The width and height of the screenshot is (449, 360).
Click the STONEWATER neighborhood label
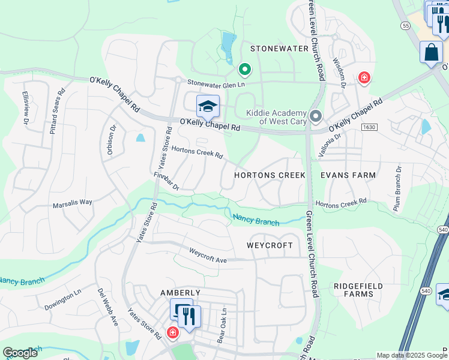[279, 49]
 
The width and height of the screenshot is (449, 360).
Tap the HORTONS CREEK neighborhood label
[270, 175]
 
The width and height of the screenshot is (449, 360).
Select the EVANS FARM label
[348, 175]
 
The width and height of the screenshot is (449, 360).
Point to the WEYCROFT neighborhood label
[270, 246]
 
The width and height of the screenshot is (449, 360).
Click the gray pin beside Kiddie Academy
[316, 116]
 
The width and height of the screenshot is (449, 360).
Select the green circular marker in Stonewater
[244, 70]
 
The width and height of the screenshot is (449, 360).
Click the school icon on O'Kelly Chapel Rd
[208, 106]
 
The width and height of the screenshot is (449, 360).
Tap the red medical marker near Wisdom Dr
[363, 77]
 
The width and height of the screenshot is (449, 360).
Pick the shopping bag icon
[431, 52]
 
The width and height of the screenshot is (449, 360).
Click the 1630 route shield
[369, 128]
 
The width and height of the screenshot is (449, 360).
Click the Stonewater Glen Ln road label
[217, 84]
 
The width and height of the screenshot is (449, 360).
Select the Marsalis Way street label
[72, 202]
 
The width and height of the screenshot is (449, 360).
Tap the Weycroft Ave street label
[208, 255]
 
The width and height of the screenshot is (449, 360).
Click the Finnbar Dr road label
[166, 182]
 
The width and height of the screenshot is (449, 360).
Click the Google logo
[20, 353]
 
